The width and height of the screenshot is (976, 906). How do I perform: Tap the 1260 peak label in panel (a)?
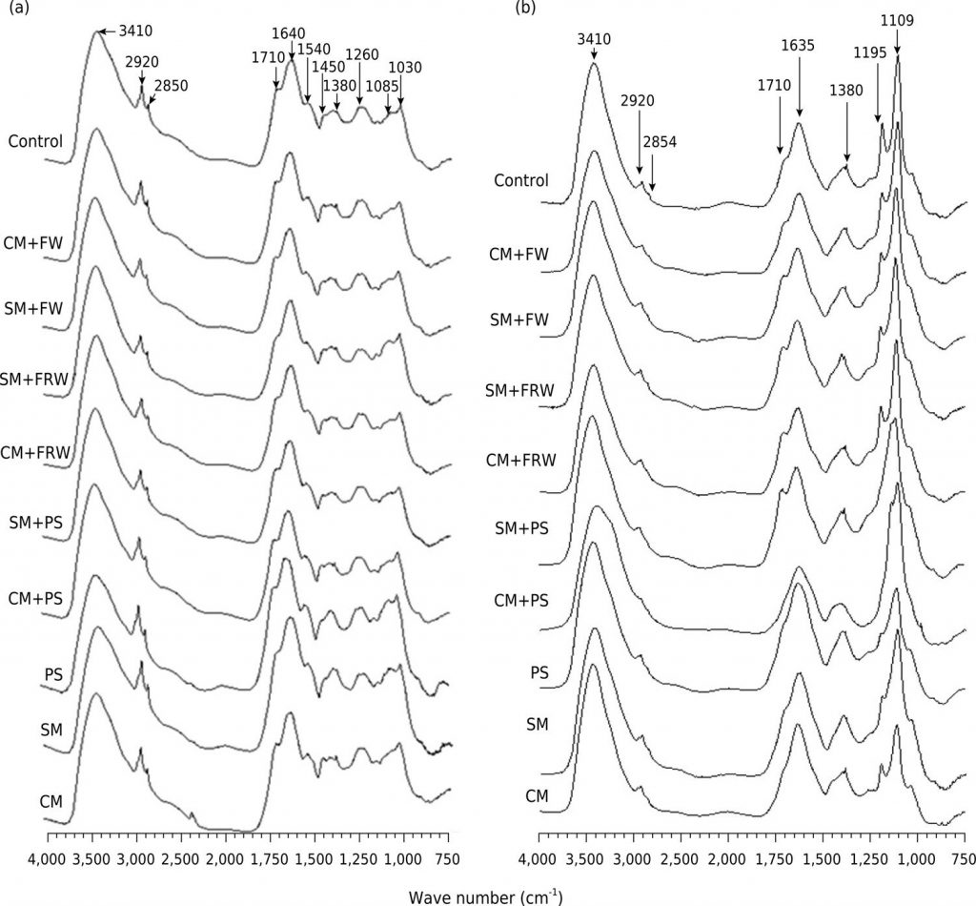click(361, 54)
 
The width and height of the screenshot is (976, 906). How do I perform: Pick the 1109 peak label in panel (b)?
click(897, 18)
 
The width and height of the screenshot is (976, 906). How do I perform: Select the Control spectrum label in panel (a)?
click(35, 142)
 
